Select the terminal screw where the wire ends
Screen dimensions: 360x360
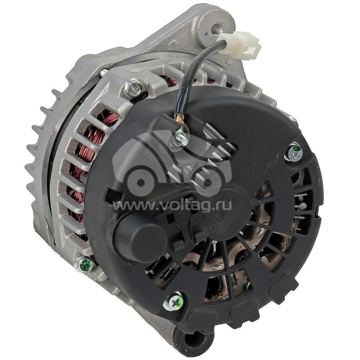click(x=181, y=138)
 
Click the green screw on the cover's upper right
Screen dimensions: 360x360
click(x=295, y=152)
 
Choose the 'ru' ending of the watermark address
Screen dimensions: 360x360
click(x=225, y=206)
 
